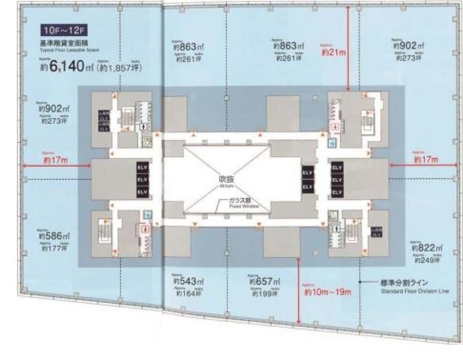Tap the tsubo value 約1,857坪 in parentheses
click(x=119, y=68)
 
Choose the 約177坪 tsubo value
click(x=55, y=248)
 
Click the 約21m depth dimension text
click(x=334, y=52)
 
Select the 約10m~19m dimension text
click(x=328, y=292)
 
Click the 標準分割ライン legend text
click(x=404, y=283)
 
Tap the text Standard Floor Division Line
click(x=415, y=291)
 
